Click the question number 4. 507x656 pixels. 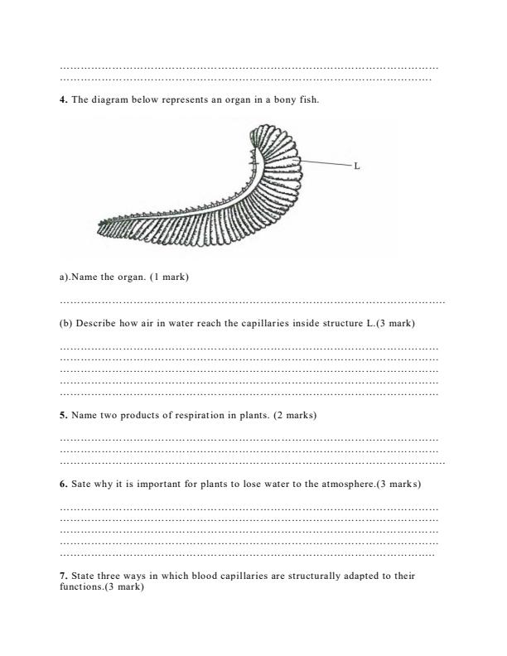[64, 100]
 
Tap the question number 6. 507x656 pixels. [64, 483]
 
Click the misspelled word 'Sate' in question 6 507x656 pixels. [82, 483]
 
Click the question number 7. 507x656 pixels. [64, 575]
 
